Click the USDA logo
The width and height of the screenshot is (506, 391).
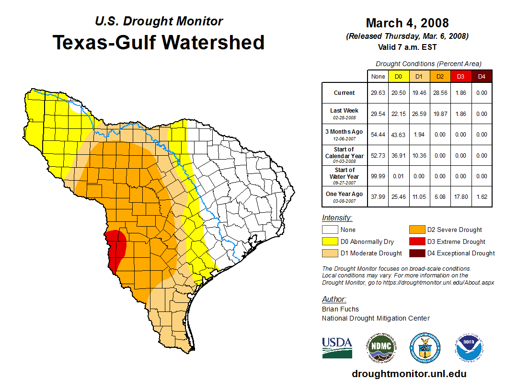pyautogui.click(x=337, y=347)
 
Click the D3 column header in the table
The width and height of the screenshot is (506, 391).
pyautogui.click(x=460, y=77)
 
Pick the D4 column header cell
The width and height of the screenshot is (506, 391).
pyautogui.click(x=482, y=77)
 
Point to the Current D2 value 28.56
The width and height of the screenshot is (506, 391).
pyautogui.click(x=439, y=93)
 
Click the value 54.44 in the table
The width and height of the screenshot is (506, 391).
pyautogui.click(x=378, y=135)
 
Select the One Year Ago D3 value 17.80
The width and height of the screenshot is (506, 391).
pyautogui.click(x=460, y=197)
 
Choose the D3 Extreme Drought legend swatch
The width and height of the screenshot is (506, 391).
pyautogui.click(x=416, y=241)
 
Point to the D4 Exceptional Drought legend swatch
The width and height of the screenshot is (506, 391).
pyautogui.click(x=416, y=253)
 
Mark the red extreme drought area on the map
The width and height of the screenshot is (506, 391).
pyautogui.click(x=116, y=247)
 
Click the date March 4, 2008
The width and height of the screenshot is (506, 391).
pyautogui.click(x=407, y=23)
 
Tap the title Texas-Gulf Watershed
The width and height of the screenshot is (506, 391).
pyautogui.click(x=158, y=42)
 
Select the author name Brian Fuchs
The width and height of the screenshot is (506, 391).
pyautogui.click(x=340, y=309)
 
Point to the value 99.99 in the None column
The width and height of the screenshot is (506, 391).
pyautogui.click(x=378, y=176)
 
